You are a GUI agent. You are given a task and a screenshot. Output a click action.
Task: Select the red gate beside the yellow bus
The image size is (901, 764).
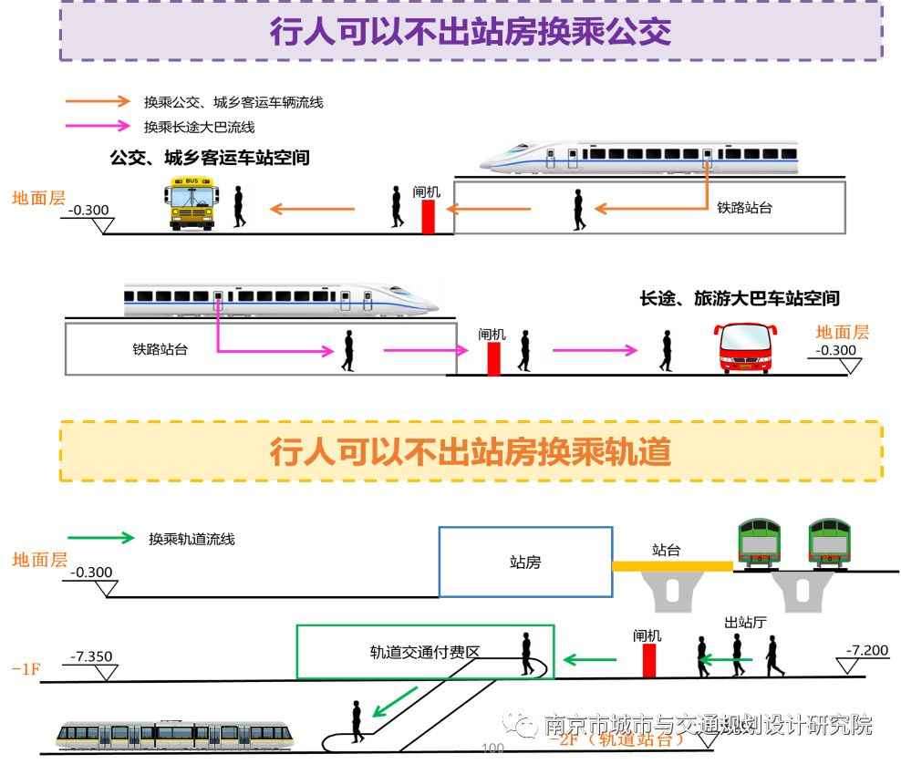428,215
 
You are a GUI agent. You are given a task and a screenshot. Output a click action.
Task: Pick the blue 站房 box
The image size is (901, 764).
525,562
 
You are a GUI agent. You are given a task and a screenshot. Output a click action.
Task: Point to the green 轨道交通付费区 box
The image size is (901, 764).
425,652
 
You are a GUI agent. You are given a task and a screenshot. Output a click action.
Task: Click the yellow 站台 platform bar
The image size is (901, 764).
672,566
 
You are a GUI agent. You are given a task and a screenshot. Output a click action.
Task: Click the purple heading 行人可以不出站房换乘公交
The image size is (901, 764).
471,31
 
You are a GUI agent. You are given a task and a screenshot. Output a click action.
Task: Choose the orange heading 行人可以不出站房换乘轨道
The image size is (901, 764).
471,451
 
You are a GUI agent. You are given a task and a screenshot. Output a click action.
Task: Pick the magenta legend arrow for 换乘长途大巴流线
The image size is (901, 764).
98,127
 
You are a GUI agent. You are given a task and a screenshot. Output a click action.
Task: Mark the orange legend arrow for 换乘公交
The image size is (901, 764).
98,102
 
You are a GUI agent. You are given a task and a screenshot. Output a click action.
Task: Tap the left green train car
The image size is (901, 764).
759,543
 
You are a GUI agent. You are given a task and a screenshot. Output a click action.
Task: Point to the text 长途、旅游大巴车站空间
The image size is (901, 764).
739,298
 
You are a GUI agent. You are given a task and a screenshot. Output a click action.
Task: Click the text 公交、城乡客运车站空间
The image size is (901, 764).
210,158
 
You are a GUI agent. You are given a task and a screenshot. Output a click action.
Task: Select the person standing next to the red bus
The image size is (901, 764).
667,350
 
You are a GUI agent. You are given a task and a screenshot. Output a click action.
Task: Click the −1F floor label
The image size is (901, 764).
26,669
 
